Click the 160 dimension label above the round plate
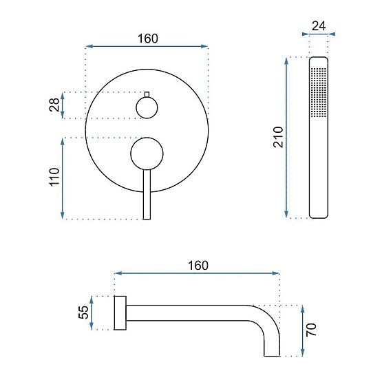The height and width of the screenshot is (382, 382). (x=147, y=39)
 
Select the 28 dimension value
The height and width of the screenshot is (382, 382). (x=54, y=105)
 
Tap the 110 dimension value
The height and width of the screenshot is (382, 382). (x=54, y=178)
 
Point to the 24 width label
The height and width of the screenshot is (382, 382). (x=318, y=26)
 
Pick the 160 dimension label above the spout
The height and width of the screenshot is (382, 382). (x=197, y=265)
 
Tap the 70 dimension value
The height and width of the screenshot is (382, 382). (x=310, y=330)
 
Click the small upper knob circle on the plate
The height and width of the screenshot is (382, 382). (x=147, y=107)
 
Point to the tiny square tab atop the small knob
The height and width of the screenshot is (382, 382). (x=147, y=93)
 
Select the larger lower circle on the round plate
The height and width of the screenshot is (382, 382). (x=147, y=153)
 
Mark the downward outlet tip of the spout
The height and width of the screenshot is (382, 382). (x=270, y=351)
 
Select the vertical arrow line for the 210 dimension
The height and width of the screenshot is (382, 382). (x=288, y=138)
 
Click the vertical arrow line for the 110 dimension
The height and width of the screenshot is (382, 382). (x=63, y=178)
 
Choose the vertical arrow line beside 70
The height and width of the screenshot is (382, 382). (x=301, y=330)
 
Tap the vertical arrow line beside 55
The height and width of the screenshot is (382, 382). (x=94, y=313)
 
